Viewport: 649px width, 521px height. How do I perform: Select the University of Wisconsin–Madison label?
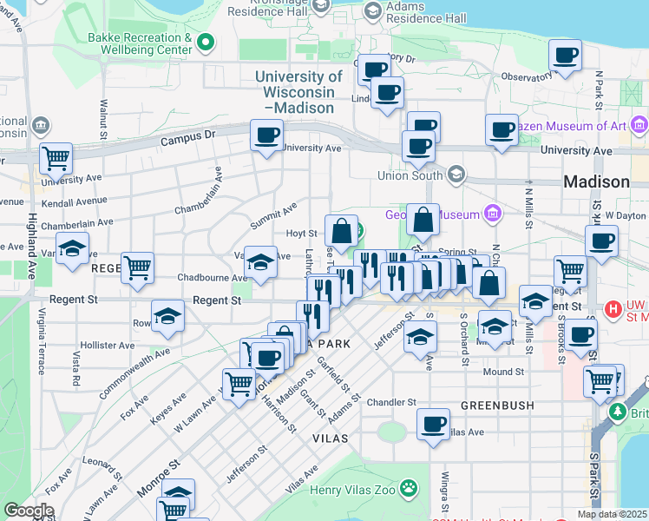click(294, 92)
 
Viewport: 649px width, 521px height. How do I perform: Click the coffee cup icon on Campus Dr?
click(266, 135)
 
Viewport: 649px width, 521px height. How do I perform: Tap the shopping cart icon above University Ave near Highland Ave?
click(56, 158)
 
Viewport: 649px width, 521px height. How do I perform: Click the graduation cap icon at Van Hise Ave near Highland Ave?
click(72, 248)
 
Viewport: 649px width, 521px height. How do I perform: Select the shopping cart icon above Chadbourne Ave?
click(137, 267)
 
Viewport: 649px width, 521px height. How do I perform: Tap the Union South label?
click(410, 175)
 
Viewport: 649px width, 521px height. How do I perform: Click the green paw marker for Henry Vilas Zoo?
click(409, 490)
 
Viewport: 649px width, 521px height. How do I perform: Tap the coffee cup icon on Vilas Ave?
click(433, 425)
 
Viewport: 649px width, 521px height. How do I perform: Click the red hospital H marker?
click(613, 308)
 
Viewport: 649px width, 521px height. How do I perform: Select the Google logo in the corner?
click(29, 510)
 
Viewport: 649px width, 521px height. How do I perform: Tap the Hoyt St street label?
click(301, 233)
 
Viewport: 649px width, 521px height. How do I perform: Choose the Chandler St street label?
click(391, 402)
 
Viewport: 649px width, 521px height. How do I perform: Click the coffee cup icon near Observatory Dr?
click(565, 56)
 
